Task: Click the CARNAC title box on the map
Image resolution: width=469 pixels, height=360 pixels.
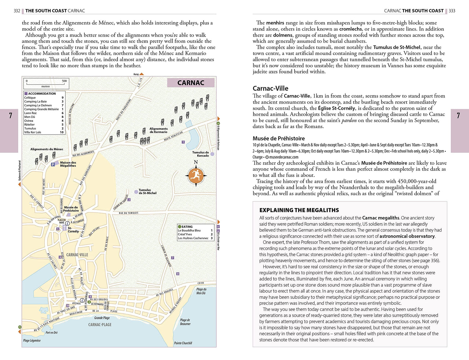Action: click(x=191, y=83)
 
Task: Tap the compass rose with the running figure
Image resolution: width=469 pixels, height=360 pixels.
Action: click(x=196, y=176)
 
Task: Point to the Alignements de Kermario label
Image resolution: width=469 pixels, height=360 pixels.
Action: click(x=159, y=130)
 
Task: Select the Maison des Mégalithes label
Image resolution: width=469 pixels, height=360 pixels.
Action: click(x=68, y=164)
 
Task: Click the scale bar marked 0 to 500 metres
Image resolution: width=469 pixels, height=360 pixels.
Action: click(x=46, y=84)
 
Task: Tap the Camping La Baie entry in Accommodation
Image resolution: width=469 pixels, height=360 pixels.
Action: click(x=36, y=101)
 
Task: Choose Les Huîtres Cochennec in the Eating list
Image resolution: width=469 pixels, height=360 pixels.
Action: click(x=193, y=238)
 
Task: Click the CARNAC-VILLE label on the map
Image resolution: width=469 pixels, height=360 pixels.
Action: click(x=77, y=255)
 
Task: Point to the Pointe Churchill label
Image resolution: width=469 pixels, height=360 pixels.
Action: click(x=183, y=343)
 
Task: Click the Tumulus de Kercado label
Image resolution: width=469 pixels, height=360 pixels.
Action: click(x=200, y=154)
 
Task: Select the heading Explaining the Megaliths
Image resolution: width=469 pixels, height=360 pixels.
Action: click(x=299, y=210)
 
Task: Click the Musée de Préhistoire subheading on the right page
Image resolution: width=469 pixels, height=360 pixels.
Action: click(x=278, y=138)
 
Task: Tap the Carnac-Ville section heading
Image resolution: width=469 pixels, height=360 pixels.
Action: click(x=270, y=88)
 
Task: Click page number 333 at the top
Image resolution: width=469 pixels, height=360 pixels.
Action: click(x=452, y=11)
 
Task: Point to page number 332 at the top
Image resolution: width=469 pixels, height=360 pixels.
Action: click(x=17, y=11)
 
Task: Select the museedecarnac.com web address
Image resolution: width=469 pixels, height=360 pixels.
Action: click(x=284, y=157)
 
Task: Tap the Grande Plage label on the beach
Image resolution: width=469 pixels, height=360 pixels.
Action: click(x=102, y=318)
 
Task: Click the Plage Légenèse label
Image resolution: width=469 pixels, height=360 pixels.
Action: click(x=32, y=340)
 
